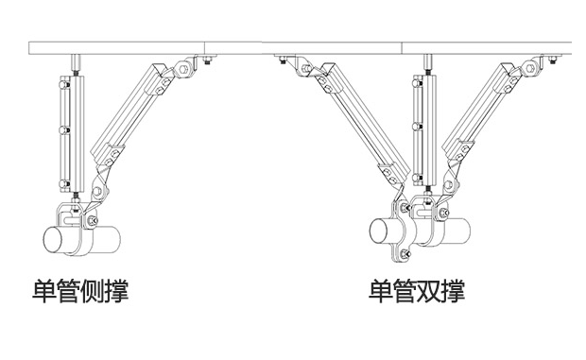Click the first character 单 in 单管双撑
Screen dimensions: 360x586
tap(381, 290)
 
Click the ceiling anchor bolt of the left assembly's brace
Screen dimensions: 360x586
tap(205, 63)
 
